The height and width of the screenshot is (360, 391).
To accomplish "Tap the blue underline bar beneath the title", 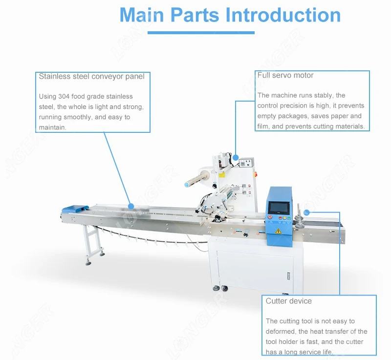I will [x=201, y=33].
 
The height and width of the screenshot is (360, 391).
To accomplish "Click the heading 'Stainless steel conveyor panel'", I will [x=91, y=76].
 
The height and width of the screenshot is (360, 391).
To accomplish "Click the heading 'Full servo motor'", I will [x=285, y=75].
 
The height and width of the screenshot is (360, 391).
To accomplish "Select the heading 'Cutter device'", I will [x=288, y=301].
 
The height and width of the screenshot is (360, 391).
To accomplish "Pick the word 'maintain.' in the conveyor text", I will [x=52, y=127].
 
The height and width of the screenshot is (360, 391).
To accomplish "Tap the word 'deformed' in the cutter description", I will [x=280, y=332].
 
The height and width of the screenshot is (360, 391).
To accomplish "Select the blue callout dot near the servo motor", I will [x=236, y=157].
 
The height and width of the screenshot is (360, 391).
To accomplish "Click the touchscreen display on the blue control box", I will [x=278, y=208].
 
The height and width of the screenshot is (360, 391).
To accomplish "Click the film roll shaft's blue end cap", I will [x=187, y=185].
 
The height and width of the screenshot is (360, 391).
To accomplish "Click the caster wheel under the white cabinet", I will [x=225, y=289].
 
